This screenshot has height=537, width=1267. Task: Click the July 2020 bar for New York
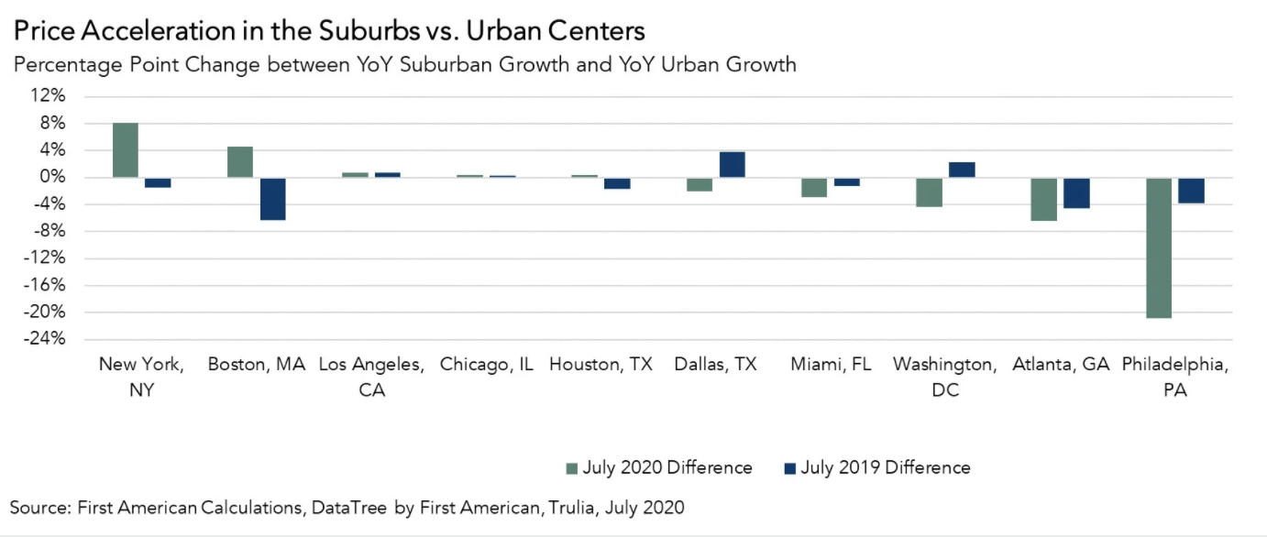click(x=126, y=150)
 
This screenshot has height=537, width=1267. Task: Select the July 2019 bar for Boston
click(x=272, y=199)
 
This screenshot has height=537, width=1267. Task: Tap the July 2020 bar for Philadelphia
click(x=1159, y=247)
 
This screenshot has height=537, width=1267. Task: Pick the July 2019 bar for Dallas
click(x=732, y=165)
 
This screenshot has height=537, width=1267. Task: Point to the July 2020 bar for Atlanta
click(x=1043, y=199)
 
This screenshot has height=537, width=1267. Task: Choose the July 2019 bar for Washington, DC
click(x=962, y=170)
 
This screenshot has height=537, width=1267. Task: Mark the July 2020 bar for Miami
click(x=814, y=187)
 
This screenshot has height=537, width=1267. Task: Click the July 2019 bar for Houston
click(x=617, y=183)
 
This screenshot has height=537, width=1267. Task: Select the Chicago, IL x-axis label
click(x=486, y=365)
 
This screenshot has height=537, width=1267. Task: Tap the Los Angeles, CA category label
click(x=371, y=377)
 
